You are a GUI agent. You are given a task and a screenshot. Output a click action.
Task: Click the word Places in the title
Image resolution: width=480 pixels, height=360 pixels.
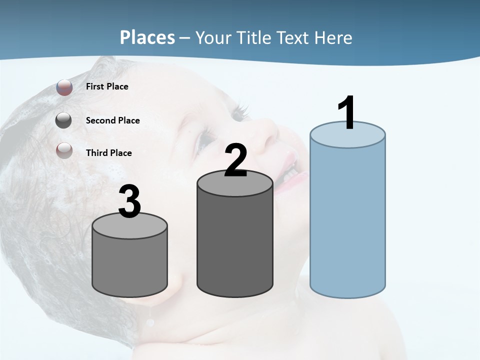[147, 37]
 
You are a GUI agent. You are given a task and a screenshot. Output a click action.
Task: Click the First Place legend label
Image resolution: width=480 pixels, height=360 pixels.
[107, 86]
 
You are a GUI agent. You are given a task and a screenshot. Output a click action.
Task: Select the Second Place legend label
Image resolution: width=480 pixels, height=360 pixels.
[112, 120]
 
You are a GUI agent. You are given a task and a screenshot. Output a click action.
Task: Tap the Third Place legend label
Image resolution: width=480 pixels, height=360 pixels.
[108, 153]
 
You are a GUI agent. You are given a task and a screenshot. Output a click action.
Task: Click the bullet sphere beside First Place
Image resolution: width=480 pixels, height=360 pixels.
[64, 87]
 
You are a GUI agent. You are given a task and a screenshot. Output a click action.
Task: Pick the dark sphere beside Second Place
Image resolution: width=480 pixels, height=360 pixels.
[63, 120]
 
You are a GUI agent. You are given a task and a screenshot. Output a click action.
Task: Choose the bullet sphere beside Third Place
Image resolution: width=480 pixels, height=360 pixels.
[64, 150]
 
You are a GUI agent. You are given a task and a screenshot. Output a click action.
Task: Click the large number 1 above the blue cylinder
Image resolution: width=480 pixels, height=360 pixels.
[347, 113]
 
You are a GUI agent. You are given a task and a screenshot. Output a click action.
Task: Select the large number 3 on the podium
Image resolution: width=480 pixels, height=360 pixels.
[130, 201]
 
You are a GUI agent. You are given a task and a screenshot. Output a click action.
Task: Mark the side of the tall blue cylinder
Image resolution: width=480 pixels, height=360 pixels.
[347, 220]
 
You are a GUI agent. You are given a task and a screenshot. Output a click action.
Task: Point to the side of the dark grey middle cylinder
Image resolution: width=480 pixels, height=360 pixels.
[235, 245]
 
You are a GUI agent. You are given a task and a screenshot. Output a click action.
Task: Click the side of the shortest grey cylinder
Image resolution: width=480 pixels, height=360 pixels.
[130, 265]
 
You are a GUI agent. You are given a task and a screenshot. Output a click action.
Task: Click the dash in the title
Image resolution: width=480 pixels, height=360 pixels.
[185, 38]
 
